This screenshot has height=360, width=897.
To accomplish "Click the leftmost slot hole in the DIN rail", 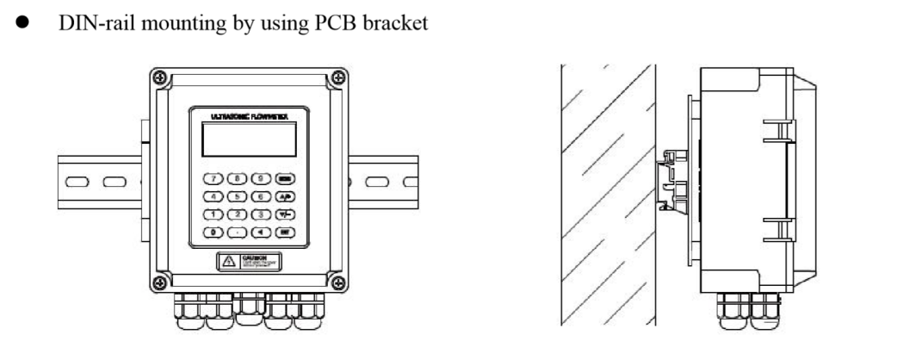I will [x=76, y=183].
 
